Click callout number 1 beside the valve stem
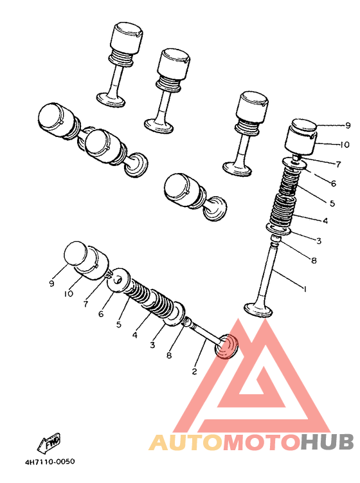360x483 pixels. click(304, 289)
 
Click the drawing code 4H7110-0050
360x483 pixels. click(50, 462)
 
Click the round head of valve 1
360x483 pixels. click(259, 311)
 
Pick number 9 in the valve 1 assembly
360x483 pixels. click(330, 125)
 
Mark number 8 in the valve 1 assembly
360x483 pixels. click(313, 260)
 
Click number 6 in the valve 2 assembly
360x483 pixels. click(101, 314)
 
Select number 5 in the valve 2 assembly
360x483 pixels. click(119, 325)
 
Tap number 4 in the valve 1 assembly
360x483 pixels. click(325, 221)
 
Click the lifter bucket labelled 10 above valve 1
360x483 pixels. click(302, 141)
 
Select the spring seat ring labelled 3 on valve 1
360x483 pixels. click(281, 230)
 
